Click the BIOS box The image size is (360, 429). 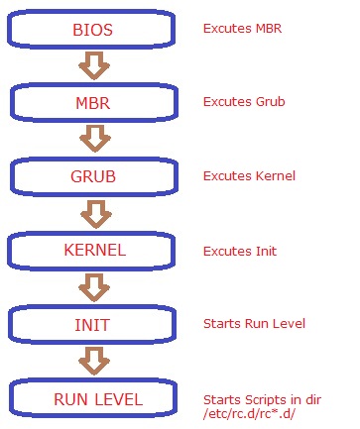coord(94,30)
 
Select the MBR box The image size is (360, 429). coord(94,102)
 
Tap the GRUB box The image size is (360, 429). coord(94,176)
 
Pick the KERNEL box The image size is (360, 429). coord(94,250)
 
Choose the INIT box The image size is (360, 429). coord(94,324)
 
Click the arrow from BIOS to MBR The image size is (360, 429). coord(94,66)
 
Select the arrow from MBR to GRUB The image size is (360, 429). coord(94,140)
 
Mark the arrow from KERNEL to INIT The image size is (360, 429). coord(94,287)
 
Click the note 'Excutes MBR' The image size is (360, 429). coord(243,28)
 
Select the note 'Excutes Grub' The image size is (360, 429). coord(244,101)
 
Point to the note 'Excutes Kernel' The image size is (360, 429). coord(249,175)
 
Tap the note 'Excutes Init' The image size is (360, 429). coord(241,250)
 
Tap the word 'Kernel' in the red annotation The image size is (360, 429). coord(277,175)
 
